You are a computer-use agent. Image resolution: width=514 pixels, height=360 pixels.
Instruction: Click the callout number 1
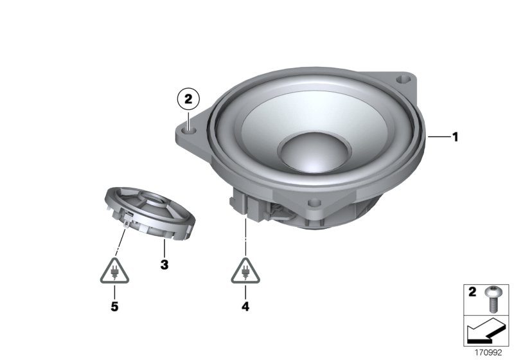point(454,136)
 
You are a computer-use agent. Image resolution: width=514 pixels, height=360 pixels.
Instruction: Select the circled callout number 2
point(188,100)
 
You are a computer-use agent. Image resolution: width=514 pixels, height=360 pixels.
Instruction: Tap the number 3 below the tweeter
point(164,264)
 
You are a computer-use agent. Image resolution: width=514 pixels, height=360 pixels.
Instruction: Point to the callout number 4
point(245,307)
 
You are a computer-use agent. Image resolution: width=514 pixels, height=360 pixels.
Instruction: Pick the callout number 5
point(114,307)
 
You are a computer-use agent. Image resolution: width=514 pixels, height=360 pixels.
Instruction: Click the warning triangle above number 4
point(245,271)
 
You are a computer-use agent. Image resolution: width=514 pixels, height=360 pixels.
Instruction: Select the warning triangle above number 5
point(114,271)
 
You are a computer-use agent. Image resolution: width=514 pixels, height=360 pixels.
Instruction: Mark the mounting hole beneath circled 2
point(188,129)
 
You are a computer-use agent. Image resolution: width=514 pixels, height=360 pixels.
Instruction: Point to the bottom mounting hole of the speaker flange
point(314,203)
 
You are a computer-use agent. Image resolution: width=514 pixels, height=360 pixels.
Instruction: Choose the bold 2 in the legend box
point(472,293)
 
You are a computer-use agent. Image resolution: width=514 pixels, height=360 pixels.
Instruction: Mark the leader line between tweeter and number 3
point(164,248)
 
